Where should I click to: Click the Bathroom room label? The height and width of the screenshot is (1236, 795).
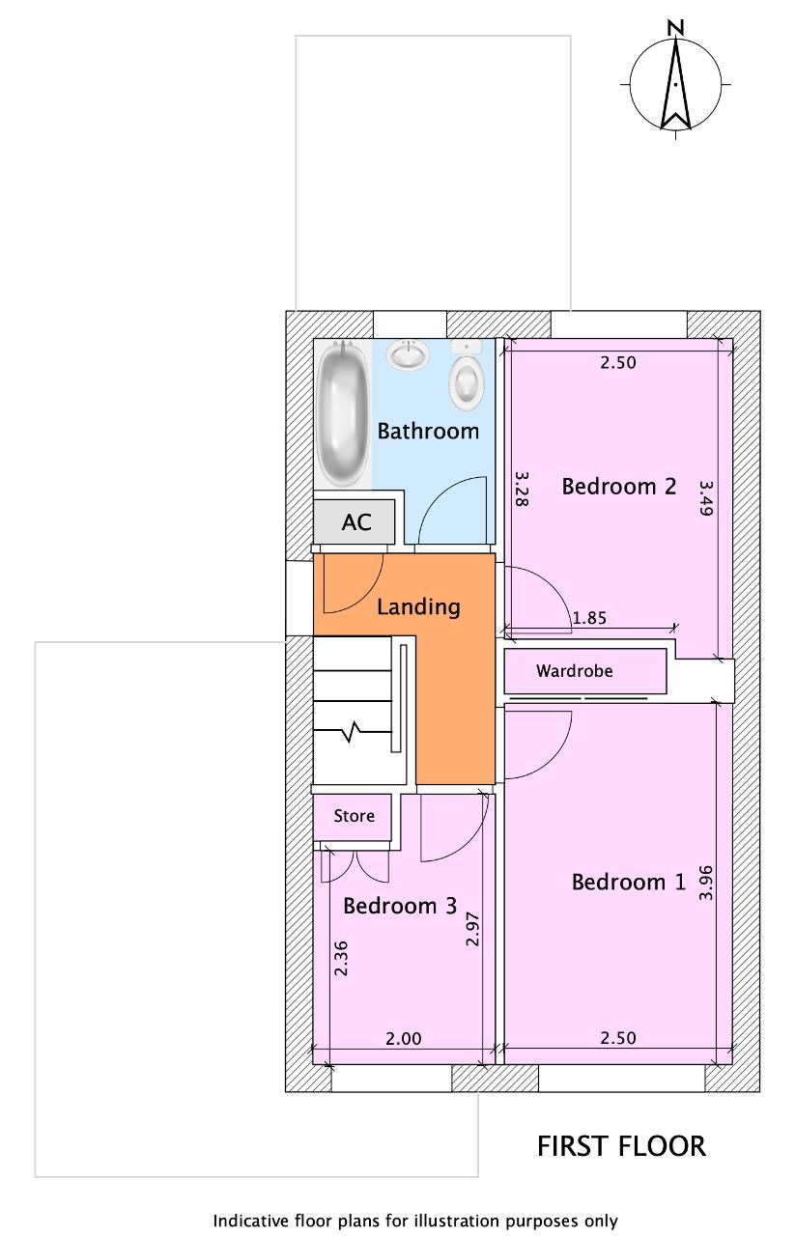tap(428, 431)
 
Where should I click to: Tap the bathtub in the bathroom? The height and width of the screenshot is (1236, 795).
tap(343, 413)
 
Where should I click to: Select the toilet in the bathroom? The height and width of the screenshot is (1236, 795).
tap(467, 376)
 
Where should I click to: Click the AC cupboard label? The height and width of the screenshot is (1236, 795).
tap(356, 522)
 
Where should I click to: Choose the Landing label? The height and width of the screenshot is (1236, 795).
tap(418, 607)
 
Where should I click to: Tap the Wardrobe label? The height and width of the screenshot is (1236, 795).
tap(574, 671)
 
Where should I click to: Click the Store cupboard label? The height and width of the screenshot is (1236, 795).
tap(354, 816)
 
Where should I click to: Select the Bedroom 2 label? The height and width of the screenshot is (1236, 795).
tap(619, 486)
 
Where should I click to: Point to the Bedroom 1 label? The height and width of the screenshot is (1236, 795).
tap(628, 882)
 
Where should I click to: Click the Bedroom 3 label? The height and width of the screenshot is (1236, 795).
tap(400, 906)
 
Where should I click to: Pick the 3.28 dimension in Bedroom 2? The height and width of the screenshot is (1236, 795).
tap(522, 489)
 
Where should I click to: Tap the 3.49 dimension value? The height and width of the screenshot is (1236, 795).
tap(706, 498)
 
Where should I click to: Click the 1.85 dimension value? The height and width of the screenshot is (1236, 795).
tap(589, 618)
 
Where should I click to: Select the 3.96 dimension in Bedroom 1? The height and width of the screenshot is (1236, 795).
tap(705, 883)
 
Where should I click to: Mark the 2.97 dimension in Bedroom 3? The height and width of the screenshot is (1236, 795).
tap(472, 929)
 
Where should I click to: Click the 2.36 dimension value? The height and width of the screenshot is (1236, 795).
tap(342, 959)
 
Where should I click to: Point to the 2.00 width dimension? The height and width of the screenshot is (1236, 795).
tap(404, 1038)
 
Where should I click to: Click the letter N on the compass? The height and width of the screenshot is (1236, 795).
tap(675, 28)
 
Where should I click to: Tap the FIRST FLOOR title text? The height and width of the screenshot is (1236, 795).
tap(622, 1146)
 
